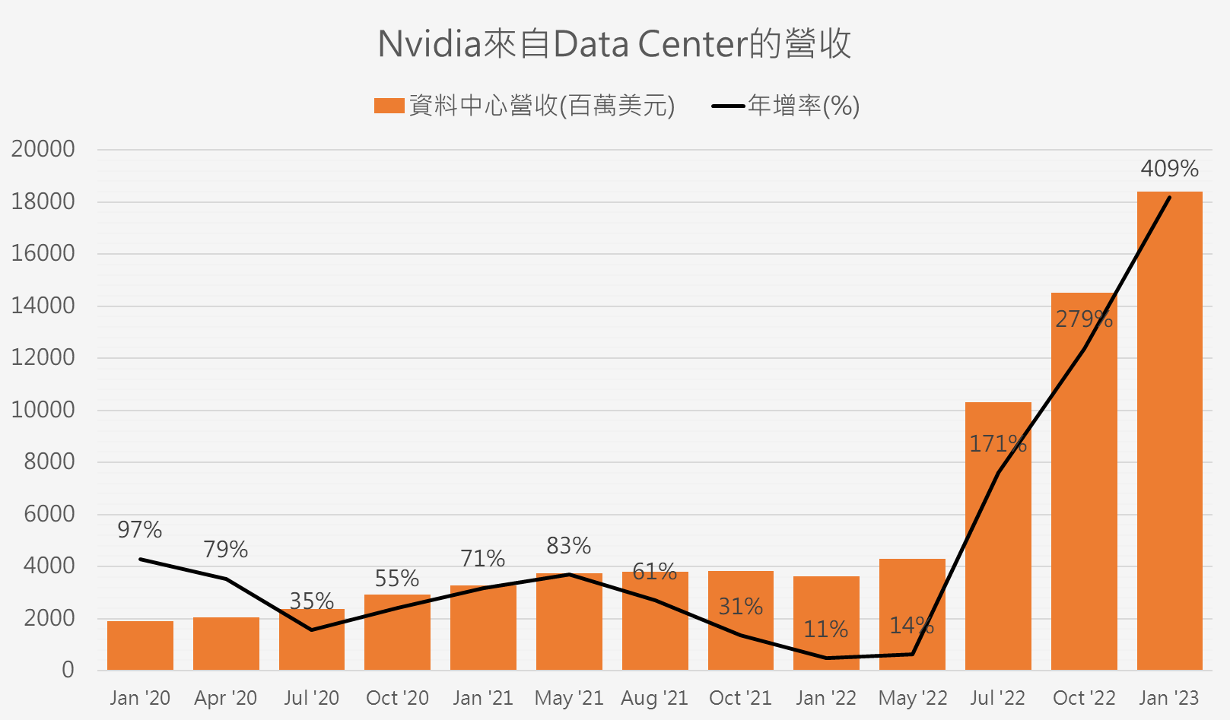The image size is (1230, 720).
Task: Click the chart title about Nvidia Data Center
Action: [614, 44]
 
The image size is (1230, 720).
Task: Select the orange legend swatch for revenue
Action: [389, 106]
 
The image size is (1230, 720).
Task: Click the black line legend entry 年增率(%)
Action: [785, 106]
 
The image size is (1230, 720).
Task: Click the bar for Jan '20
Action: [140, 645]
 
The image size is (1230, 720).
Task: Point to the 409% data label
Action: [1169, 169]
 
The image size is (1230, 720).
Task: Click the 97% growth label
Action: [140, 530]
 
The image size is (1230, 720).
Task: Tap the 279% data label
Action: [1083, 319]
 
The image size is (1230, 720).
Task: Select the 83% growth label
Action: [568, 546]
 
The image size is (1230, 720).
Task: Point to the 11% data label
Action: [825, 630]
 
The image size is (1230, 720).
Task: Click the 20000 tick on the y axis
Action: [43, 149]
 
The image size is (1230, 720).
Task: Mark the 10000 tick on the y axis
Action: [43, 410]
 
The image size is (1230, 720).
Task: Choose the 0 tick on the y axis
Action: [68, 670]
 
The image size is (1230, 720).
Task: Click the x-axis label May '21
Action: [568, 698]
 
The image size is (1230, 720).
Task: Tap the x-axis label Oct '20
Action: [397, 698]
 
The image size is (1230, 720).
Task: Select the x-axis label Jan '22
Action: [825, 698]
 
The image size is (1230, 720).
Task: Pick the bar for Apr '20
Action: [226, 644]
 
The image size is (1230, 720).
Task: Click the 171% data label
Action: [997, 444]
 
